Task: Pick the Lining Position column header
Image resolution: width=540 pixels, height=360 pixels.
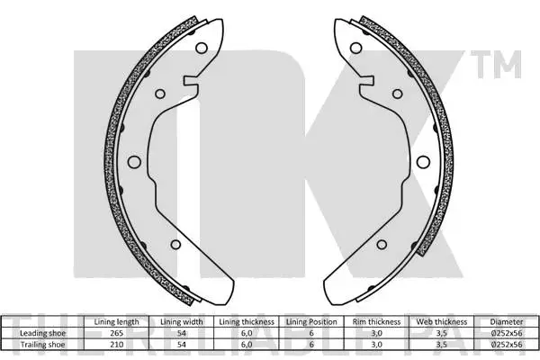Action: (311, 321)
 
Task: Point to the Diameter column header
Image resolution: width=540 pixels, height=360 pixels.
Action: (506, 321)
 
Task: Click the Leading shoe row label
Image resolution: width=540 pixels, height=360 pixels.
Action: (43, 332)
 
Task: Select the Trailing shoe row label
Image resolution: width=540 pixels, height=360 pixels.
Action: (43, 343)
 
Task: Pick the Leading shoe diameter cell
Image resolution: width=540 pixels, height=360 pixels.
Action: (506, 332)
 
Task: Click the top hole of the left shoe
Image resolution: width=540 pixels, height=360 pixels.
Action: (202, 49)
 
